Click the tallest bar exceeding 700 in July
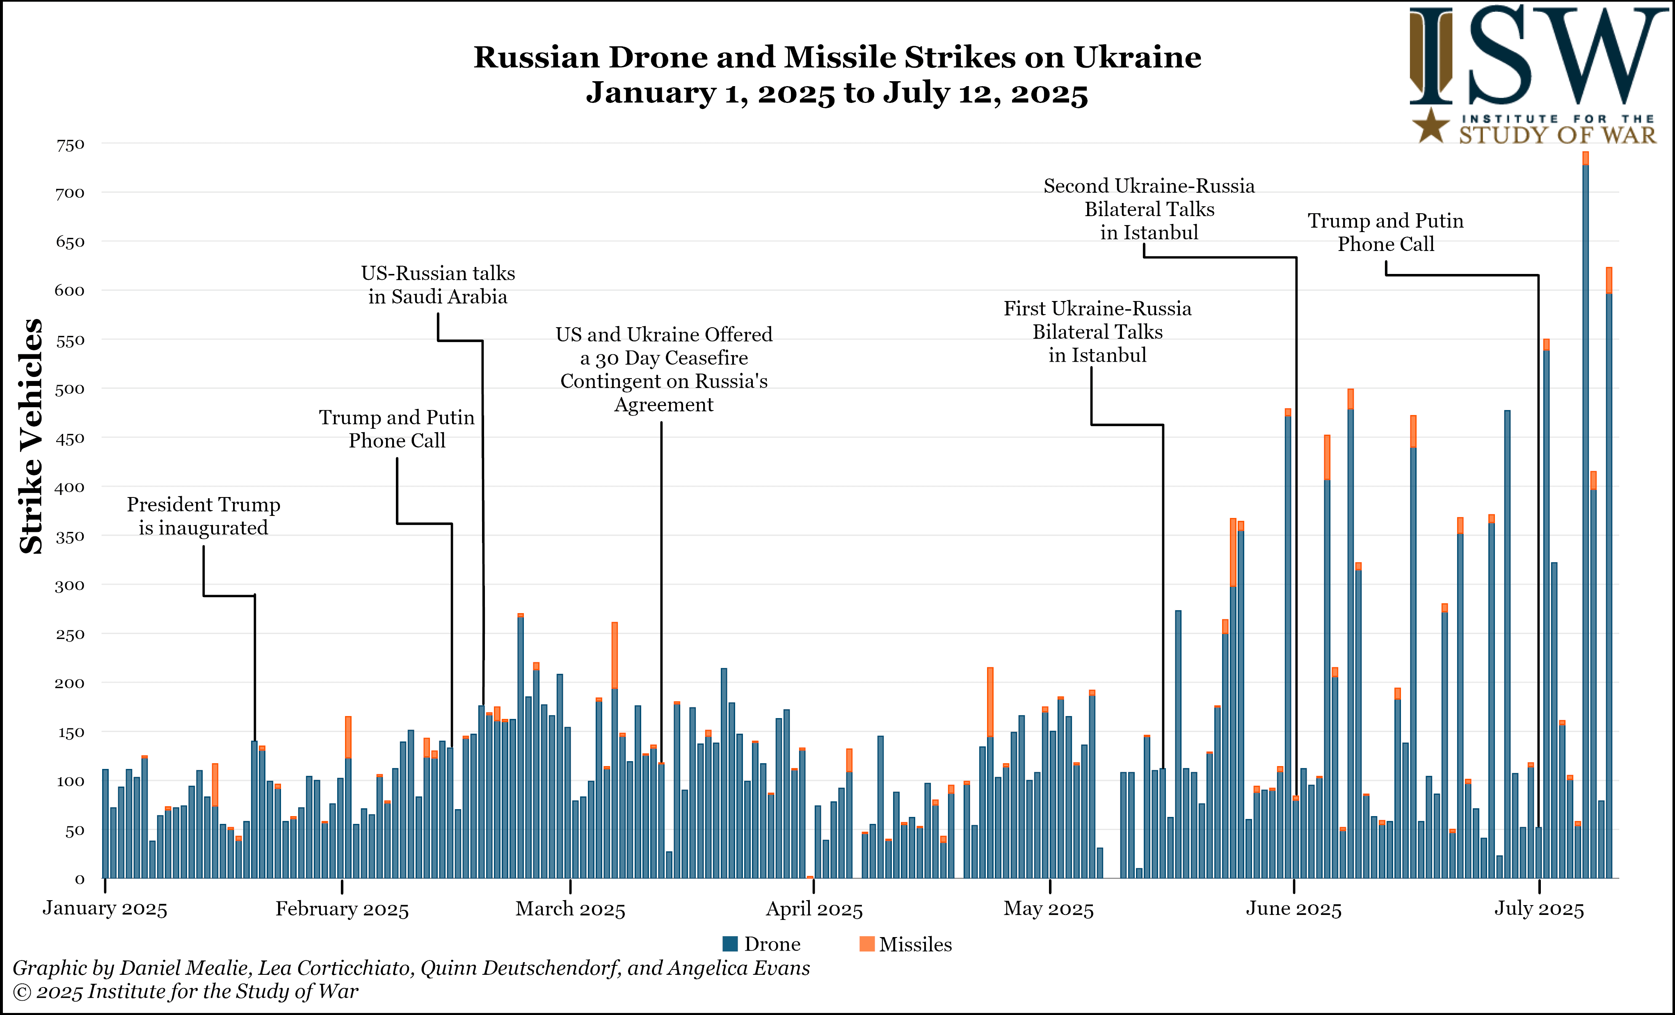point(1585,516)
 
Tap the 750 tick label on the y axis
point(70,145)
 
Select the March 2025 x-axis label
point(570,909)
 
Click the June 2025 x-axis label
point(1293,909)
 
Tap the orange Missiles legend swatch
point(867,944)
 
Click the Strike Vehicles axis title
point(31,436)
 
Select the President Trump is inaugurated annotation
point(203,516)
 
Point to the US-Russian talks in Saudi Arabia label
point(438,285)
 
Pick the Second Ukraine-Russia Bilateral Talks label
point(1149,209)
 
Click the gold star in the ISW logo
point(1432,126)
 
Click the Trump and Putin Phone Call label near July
point(1385,233)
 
